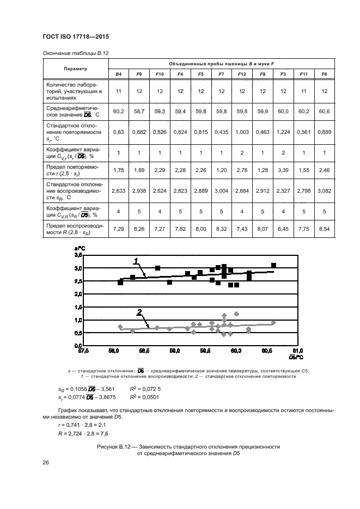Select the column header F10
pyautogui.click(x=160, y=73)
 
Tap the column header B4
pyautogui.click(x=118, y=73)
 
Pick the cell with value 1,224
pyautogui.click(x=283, y=132)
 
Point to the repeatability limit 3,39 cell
pyautogui.click(x=283, y=170)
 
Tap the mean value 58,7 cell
pyautogui.click(x=139, y=112)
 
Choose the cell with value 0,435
pyautogui.click(x=222, y=132)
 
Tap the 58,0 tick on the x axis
pyautogui.click(x=114, y=352)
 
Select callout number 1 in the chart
pyautogui.click(x=136, y=262)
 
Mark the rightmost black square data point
pyautogui.click(x=274, y=265)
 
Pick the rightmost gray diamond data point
pyautogui.click(x=273, y=322)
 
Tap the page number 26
pyautogui.click(x=45, y=463)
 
